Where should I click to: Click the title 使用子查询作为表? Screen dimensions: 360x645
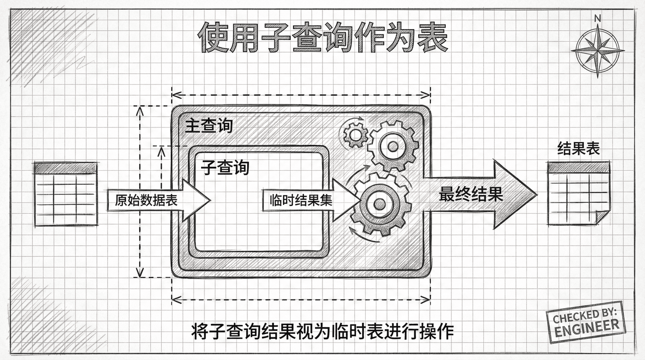[x=322, y=38]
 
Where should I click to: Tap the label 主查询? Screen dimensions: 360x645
[x=209, y=126]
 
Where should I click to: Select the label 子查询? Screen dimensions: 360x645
[x=225, y=167]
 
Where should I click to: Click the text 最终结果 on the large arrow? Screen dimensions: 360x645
[x=471, y=194]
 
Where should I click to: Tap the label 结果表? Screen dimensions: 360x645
[x=578, y=148]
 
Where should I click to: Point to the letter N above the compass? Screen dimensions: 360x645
[x=597, y=19]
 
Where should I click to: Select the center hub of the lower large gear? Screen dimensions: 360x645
[x=380, y=203]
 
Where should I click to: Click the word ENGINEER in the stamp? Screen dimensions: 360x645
[x=587, y=327]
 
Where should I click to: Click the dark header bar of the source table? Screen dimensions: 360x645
[x=66, y=168]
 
